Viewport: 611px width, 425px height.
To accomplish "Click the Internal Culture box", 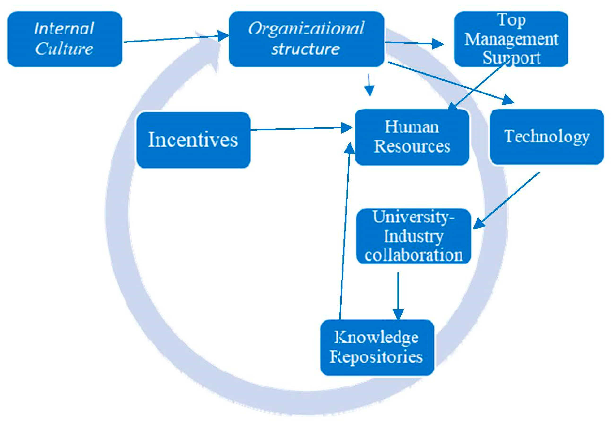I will pyautogui.click(x=65, y=39).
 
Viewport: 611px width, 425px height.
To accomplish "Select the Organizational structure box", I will pyautogui.click(x=306, y=39).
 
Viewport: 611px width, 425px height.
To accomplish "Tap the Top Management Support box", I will pyautogui.click(x=511, y=39).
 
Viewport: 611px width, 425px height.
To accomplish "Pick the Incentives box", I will pyautogui.click(x=193, y=140).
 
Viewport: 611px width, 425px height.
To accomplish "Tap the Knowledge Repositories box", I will pyautogui.click(x=377, y=347).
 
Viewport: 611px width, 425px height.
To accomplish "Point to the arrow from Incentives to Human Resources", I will pyautogui.click(x=301, y=129).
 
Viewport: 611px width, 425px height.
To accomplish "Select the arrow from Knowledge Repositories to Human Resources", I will pyautogui.click(x=345, y=231).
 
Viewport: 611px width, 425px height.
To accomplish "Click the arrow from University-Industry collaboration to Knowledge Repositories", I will pyautogui.click(x=398, y=295).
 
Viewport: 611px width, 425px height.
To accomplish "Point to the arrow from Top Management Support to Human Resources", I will pyautogui.click(x=479, y=85).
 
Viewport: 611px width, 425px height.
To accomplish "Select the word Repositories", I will pyautogui.click(x=377, y=357).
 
